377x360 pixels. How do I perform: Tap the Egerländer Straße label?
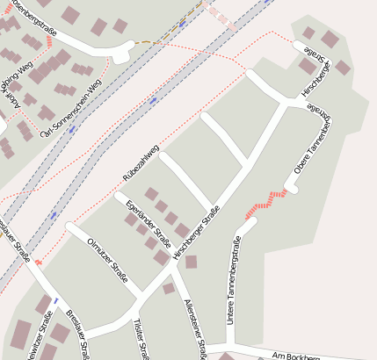[x=149, y=223]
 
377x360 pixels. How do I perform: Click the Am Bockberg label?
[x=293, y=355]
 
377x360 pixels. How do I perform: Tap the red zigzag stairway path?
[x=267, y=201]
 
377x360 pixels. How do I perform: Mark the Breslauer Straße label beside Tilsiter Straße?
[x=79, y=335]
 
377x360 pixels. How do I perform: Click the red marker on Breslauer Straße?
[x=39, y=262]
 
